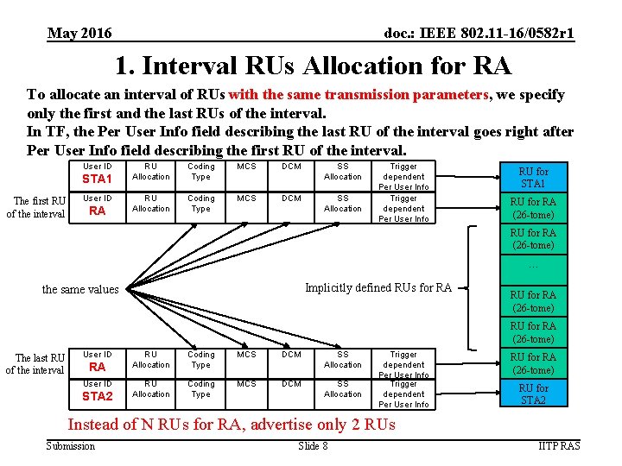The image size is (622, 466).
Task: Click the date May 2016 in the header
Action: tap(79, 34)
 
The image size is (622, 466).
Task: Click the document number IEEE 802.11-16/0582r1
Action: tap(479, 34)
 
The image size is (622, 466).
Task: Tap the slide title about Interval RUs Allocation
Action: tap(313, 66)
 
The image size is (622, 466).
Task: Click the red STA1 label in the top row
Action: tap(97, 179)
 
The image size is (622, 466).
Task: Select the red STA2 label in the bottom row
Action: tap(97, 397)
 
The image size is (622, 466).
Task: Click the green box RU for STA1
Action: tap(532, 178)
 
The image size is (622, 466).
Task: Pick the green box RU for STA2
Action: tap(532, 394)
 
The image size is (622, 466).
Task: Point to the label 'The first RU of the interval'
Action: tap(36, 208)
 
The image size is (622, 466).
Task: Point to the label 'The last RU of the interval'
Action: tap(36, 364)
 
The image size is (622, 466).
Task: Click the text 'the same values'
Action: tap(80, 289)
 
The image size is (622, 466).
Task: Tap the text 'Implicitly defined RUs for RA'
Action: tap(378, 287)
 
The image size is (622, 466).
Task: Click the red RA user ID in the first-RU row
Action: tap(97, 211)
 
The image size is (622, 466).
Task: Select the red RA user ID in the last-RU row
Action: tap(97, 367)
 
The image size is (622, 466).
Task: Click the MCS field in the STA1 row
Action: tap(246, 167)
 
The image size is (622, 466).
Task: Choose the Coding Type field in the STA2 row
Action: tap(201, 389)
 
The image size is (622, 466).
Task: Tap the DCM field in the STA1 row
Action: tap(292, 167)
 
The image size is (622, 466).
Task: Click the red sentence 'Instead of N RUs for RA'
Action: tap(232, 424)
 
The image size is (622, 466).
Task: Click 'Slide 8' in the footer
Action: tap(313, 445)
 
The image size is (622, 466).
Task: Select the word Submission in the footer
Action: tap(71, 445)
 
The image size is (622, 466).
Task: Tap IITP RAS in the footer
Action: tap(558, 445)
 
